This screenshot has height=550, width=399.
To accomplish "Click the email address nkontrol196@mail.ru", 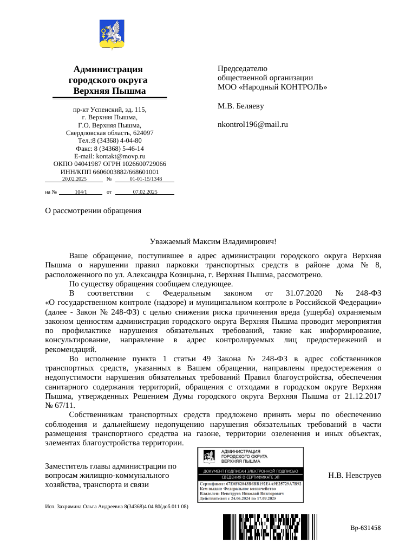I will coord(252,124).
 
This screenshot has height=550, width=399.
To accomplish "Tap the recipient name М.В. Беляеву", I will coord(240,106).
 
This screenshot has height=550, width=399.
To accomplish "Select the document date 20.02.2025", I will coord(74,178).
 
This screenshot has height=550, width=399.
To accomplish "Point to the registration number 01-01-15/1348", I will coord(146,178).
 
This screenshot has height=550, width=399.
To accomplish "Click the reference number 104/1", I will coord(81,191).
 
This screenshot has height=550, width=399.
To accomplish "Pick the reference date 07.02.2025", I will coord(145,191).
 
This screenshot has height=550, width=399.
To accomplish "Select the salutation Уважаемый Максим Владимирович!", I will coord(213,241).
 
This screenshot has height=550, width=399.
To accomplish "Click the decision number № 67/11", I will coord(60,405).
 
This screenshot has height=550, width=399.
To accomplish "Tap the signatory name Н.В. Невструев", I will coord(355,475).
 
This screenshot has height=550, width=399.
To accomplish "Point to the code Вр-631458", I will coord(365,527).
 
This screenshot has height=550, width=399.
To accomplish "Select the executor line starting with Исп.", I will coord(116,506).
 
